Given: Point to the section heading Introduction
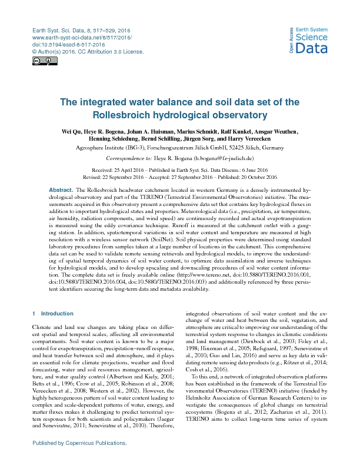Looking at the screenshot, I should pyautogui.click(x=57, y=314).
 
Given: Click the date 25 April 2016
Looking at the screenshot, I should pyautogui.click(x=148, y=169).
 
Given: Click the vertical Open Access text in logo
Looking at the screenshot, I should pyautogui.click(x=291, y=41).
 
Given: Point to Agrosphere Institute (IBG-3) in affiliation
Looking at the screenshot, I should pyautogui.click(x=123, y=148).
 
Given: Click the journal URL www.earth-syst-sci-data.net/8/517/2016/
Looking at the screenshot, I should pyautogui.click(x=81, y=37).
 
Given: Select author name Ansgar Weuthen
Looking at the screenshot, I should pyautogui.click(x=279, y=131).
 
